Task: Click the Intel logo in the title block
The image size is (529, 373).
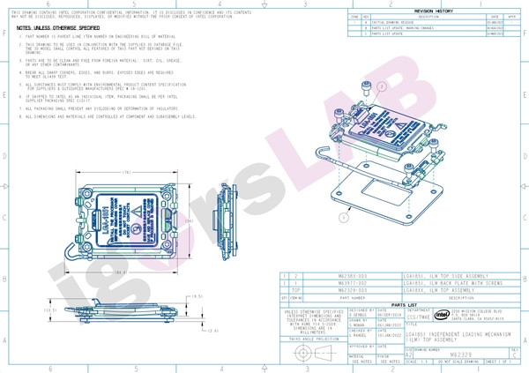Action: point(442,313)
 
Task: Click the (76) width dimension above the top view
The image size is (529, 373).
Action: point(127,172)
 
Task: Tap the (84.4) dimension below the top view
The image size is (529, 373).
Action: point(118,272)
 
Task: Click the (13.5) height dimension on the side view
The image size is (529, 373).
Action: point(50,310)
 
